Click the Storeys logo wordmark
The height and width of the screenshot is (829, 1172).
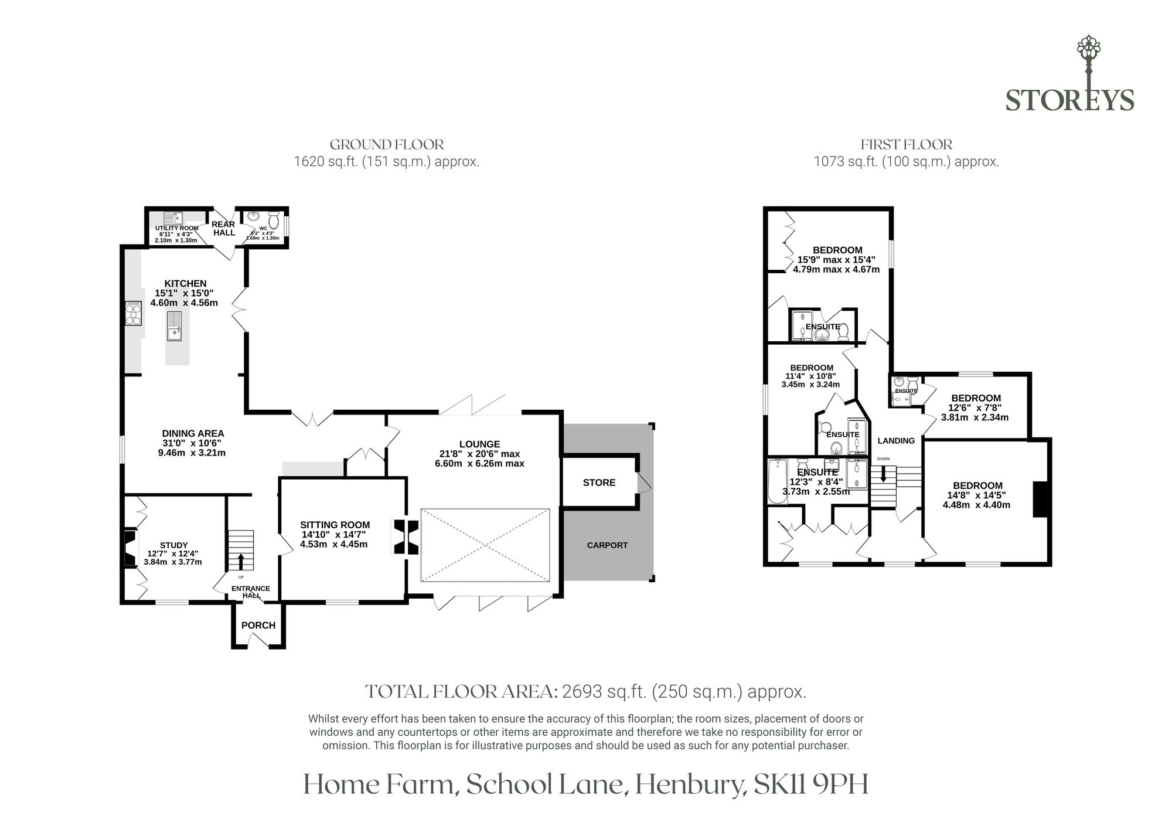coord(1070,100)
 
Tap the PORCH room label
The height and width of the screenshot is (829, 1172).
coord(258,625)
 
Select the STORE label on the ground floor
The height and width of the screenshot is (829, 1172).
coord(599,483)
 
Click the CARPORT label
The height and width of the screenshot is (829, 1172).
coord(607,545)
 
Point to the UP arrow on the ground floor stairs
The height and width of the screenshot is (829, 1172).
coord(240,560)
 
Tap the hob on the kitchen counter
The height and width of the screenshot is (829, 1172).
coord(134,313)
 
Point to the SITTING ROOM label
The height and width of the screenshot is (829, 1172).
coord(335,525)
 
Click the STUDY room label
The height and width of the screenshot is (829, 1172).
coord(173,545)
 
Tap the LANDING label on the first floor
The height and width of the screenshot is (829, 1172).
coord(896,440)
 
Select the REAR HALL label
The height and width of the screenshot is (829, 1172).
coord(223,229)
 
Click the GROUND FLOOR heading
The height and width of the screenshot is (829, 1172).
coord(387,144)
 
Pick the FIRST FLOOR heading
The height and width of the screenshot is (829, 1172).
coord(907,144)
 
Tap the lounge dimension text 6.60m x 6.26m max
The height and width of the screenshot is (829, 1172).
coord(479,463)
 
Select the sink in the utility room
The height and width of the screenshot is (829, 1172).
coord(173,218)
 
